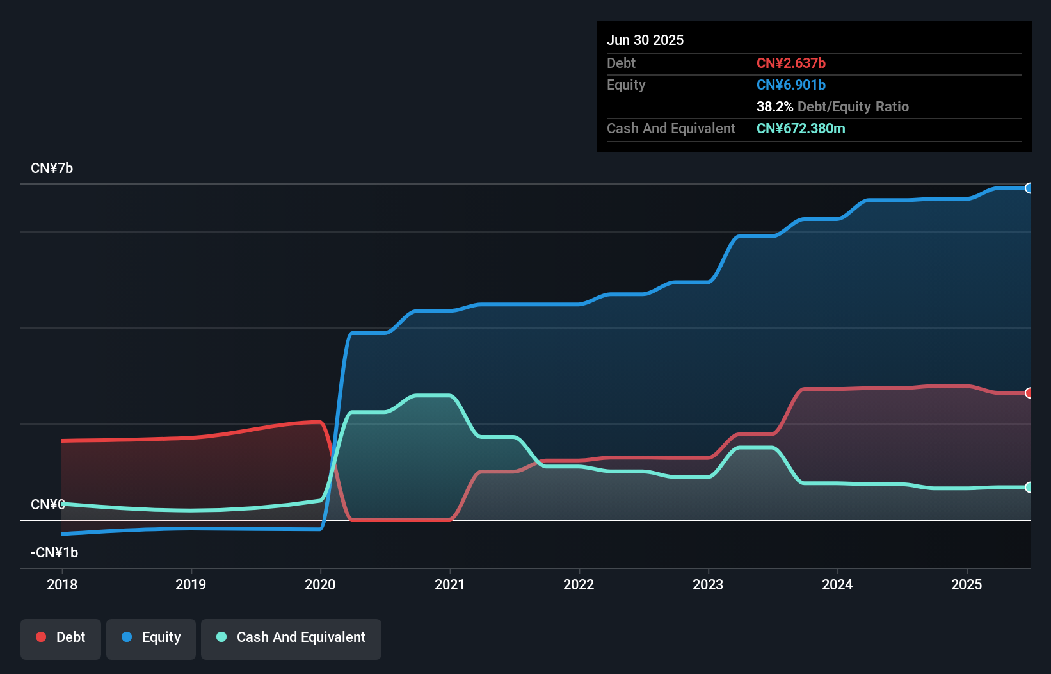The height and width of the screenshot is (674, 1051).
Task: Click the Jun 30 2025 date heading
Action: (x=645, y=40)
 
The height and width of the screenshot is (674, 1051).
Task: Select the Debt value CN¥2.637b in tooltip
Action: (x=790, y=63)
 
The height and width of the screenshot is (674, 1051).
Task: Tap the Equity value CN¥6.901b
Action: (x=790, y=85)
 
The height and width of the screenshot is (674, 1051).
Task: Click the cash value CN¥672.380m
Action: (x=800, y=128)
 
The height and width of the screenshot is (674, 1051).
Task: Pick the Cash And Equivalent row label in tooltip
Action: (x=671, y=128)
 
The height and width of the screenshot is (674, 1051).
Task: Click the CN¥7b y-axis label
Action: (x=52, y=168)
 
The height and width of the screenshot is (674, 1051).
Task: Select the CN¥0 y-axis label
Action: (x=47, y=504)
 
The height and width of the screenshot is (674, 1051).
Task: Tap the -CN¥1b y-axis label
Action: (x=54, y=552)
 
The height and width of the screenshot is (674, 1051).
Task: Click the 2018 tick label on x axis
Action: (x=62, y=584)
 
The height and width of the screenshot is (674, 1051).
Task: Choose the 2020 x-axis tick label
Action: (x=320, y=584)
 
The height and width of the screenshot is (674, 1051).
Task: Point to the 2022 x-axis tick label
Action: (x=579, y=584)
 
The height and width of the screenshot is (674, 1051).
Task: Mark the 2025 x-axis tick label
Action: (x=967, y=584)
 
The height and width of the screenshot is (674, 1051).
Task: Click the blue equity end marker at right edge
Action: (x=1029, y=188)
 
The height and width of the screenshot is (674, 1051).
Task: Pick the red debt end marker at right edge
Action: (x=1029, y=393)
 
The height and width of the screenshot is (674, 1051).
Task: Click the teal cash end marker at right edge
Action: (x=1029, y=487)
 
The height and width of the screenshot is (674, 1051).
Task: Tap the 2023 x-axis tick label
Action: (x=708, y=584)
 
